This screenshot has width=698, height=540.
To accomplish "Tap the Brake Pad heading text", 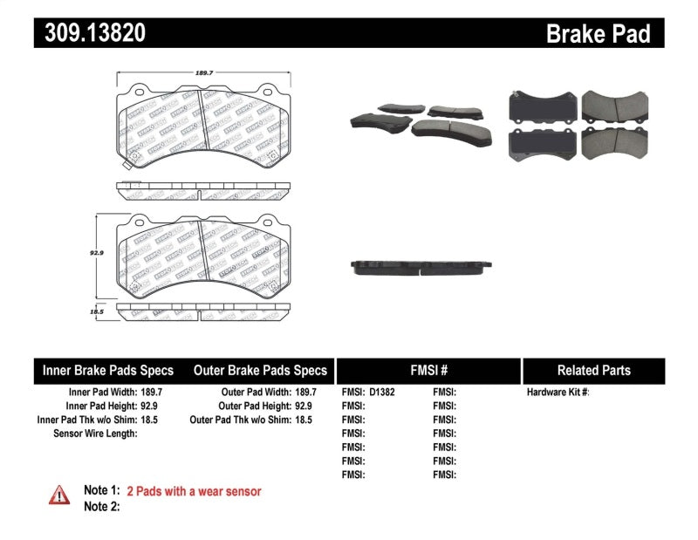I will pyautogui.click(x=598, y=33).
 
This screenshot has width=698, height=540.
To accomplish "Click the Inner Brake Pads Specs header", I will pyautogui.click(x=108, y=370).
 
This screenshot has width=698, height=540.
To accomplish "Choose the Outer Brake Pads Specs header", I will pyautogui.click(x=259, y=370).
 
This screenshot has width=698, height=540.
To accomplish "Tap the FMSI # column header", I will pyautogui.click(x=428, y=370).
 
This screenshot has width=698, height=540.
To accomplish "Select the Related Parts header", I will pyautogui.click(x=593, y=370).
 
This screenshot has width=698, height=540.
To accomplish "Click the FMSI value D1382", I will pyautogui.click(x=382, y=393).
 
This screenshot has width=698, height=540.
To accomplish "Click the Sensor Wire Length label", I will pyautogui.click(x=95, y=433).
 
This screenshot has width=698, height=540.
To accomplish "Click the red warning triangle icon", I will pyautogui.click(x=59, y=496).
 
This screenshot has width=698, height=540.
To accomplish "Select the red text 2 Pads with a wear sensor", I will pyautogui.click(x=194, y=491).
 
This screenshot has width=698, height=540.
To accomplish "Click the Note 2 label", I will pyautogui.click(x=101, y=506).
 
